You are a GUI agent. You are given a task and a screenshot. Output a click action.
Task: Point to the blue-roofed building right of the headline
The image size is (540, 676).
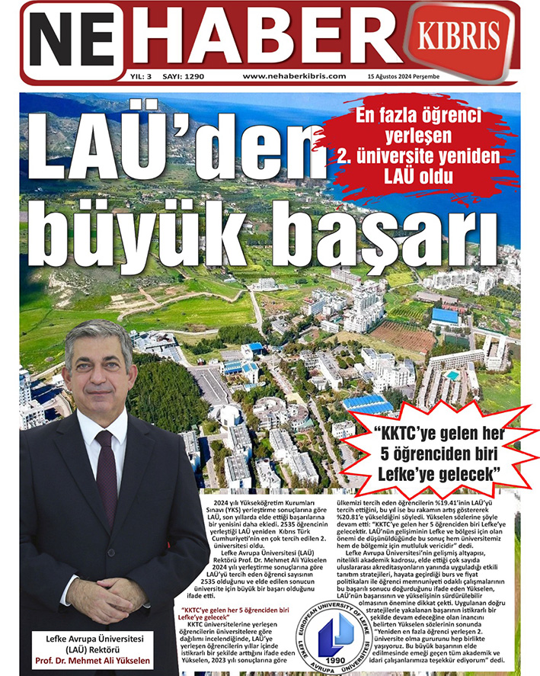(445, 315)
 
